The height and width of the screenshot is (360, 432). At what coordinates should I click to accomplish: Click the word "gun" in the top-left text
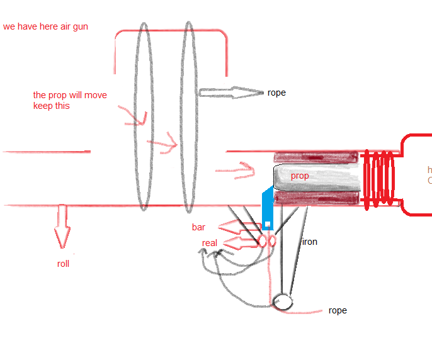80,27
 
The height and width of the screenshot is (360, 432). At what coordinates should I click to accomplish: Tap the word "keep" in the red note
43,106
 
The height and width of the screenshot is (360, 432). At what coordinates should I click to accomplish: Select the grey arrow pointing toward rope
230,93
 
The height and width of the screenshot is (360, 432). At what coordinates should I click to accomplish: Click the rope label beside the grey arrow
276,93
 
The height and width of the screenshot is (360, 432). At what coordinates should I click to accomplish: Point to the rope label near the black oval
337,310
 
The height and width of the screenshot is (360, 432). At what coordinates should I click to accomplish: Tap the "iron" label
309,242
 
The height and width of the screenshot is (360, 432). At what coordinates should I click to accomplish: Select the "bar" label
199,227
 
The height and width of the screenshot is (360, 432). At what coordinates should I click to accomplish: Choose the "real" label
210,243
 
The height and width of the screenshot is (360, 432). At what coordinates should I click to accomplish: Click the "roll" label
63,264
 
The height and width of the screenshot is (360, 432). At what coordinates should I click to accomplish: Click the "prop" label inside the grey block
300,176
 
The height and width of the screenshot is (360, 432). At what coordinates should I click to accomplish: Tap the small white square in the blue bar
268,224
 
